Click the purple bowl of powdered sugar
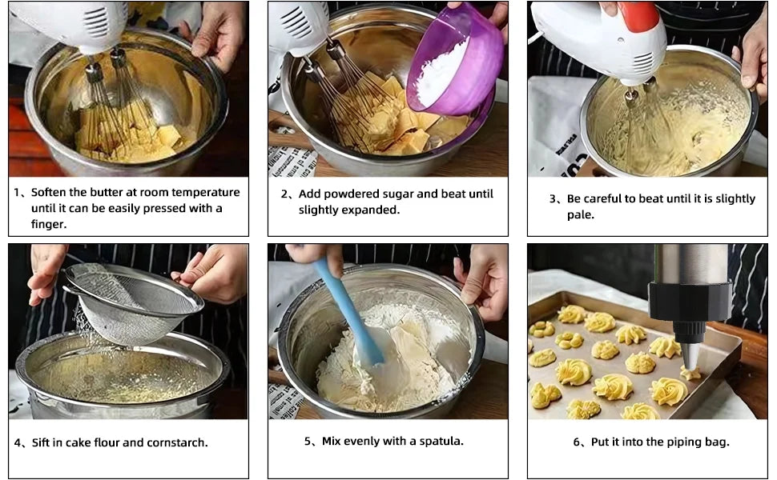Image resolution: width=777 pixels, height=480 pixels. (x=455, y=59)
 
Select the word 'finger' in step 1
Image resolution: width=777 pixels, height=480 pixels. (x=47, y=224)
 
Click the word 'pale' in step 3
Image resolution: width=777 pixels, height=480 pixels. (x=579, y=214)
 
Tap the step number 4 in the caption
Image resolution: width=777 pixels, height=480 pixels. (x=18, y=443)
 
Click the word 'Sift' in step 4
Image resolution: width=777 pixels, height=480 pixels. (x=41, y=442)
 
